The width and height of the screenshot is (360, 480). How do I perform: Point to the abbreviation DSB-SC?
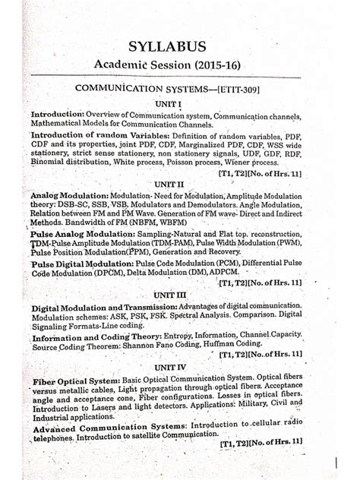[x=74, y=206]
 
